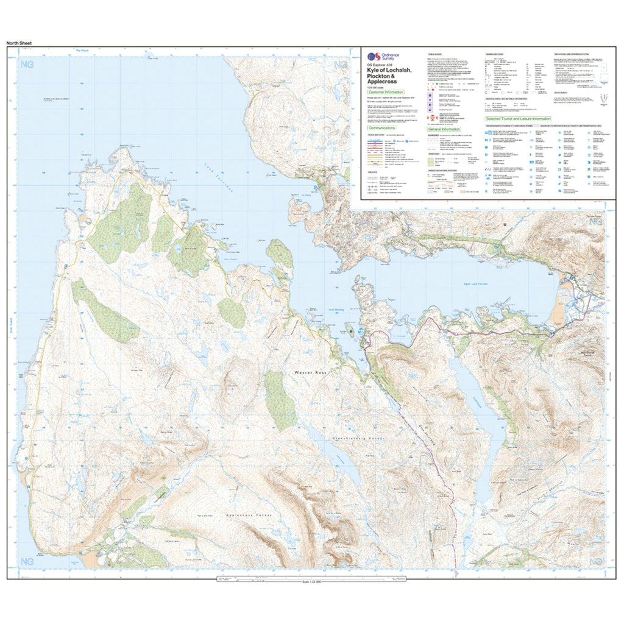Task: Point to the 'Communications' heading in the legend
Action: (x=381, y=129)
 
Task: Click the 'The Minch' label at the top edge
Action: (x=81, y=51)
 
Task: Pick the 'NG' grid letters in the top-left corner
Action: (x=27, y=65)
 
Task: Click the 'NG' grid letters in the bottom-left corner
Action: (x=27, y=560)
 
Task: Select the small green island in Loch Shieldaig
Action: (x=352, y=333)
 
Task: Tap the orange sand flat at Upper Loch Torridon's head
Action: (x=557, y=311)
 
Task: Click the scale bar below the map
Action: (x=311, y=580)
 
